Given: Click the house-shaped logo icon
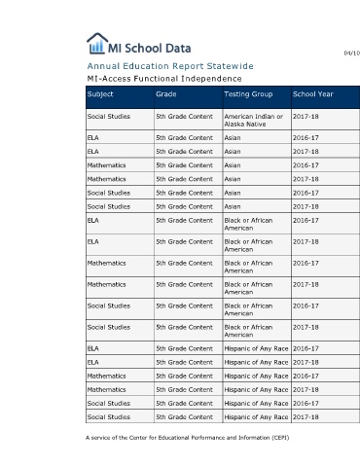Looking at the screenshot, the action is [97, 43].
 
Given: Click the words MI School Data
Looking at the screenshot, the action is [150, 49].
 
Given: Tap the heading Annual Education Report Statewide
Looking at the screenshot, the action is [170, 66].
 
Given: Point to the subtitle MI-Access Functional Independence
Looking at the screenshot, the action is [164, 79].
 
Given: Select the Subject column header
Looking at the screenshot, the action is [100, 94].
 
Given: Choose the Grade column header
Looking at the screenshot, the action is [166, 94].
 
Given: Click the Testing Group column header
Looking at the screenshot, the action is [248, 94].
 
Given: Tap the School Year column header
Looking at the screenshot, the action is [313, 94].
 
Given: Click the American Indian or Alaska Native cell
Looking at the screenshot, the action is [254, 120].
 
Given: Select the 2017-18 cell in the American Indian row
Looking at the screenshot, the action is [306, 117].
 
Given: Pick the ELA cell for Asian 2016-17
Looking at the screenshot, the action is [93, 138].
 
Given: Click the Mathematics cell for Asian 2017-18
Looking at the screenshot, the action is [106, 179].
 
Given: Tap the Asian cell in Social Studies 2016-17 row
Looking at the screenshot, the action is [233, 193].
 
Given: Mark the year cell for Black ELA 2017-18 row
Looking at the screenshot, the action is [306, 241].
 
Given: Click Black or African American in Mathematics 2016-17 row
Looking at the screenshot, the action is [248, 267].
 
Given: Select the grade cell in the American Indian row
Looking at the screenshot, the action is [184, 117].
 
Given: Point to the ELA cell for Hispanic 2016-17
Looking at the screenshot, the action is [93, 348].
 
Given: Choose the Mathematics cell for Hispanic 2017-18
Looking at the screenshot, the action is [106, 389].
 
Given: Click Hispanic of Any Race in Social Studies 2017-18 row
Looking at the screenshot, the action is [256, 417].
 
